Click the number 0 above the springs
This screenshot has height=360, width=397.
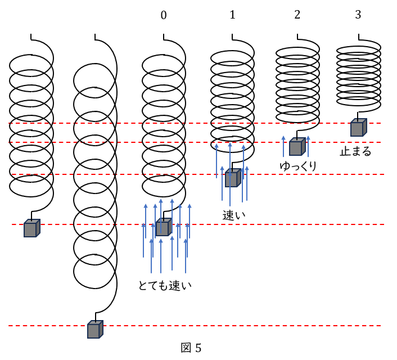tap(164, 15)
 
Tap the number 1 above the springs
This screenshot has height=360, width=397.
tap(232, 15)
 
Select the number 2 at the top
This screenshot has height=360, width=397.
tap(297, 15)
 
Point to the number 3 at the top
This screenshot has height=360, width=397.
tap(358, 15)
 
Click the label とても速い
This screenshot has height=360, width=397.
tap(165, 285)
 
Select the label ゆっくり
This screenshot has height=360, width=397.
tap(298, 166)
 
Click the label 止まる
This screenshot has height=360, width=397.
tap(355, 151)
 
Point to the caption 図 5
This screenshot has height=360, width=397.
tap(191, 348)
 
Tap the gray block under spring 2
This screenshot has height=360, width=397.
tap(296, 147)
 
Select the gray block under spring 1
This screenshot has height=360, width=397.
tap(232, 178)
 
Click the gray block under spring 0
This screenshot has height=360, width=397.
tap(163, 227)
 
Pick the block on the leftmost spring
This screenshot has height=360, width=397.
tap(31, 228)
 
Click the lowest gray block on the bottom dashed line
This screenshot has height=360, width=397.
tap(95, 329)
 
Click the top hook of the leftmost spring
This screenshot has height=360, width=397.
tap(31, 37)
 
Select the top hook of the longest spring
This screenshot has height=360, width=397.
tap(95, 37)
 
